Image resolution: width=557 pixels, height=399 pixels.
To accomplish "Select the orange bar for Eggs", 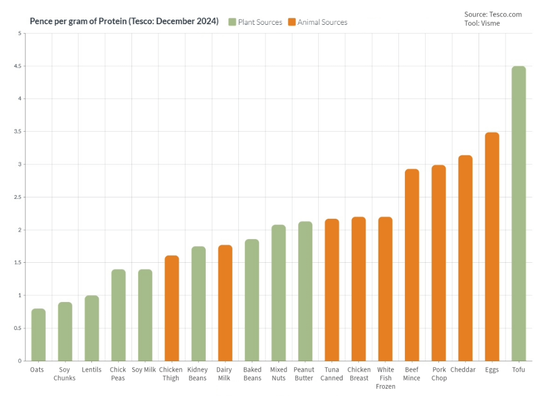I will tap(492, 246).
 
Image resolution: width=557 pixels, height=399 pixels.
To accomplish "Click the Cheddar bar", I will tap(465, 258).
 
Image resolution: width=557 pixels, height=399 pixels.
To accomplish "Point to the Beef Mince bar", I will tap(412, 265).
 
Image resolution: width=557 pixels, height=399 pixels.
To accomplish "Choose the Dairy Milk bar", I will tap(225, 303).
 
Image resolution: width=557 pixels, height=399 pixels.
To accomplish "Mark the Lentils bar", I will tap(92, 328).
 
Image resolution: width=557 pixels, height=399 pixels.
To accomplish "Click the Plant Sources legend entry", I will tap(255, 22).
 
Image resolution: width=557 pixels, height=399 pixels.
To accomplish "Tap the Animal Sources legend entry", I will tap(318, 22).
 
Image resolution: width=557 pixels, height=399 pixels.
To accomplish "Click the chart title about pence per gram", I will tap(124, 21).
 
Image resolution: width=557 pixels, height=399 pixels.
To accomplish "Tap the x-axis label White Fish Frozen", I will tap(385, 378).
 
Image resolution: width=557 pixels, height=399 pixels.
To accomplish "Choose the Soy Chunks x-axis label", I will tap(64, 374).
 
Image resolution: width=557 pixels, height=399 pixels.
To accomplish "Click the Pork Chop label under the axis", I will tap(439, 374).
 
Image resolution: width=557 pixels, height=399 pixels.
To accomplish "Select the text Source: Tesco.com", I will tap(493, 14).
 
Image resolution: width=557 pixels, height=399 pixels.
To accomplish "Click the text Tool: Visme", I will tap(482, 23).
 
